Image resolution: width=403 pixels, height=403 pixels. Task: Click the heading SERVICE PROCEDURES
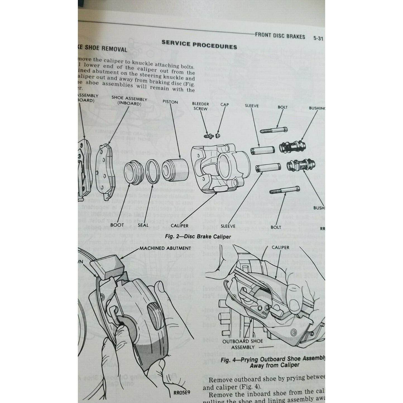199,44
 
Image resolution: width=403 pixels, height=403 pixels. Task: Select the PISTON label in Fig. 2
170,102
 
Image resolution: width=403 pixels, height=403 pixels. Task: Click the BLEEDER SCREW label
200,106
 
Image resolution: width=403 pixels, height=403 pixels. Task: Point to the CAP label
224,105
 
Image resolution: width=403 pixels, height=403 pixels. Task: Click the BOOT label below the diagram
117,224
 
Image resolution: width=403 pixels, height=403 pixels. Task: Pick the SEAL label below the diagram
143,225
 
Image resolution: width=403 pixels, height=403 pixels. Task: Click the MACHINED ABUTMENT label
165,248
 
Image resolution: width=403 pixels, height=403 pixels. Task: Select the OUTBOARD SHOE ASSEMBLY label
243,344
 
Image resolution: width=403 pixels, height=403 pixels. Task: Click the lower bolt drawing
284,190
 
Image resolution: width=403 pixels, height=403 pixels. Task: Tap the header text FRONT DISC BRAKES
280,36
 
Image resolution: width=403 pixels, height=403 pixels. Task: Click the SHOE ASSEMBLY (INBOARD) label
129,101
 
